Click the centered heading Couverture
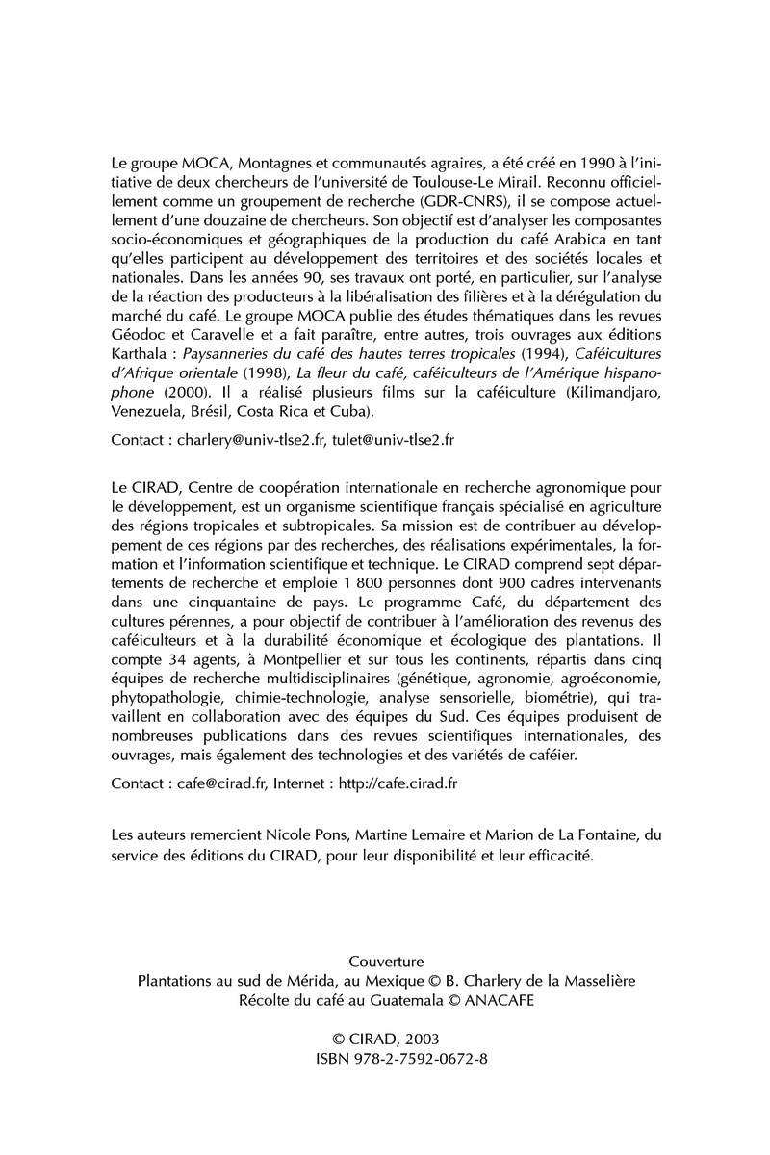point(385,960)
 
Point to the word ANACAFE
point(483,1000)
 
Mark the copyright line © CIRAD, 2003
point(385,1040)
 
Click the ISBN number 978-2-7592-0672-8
point(401,1061)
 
